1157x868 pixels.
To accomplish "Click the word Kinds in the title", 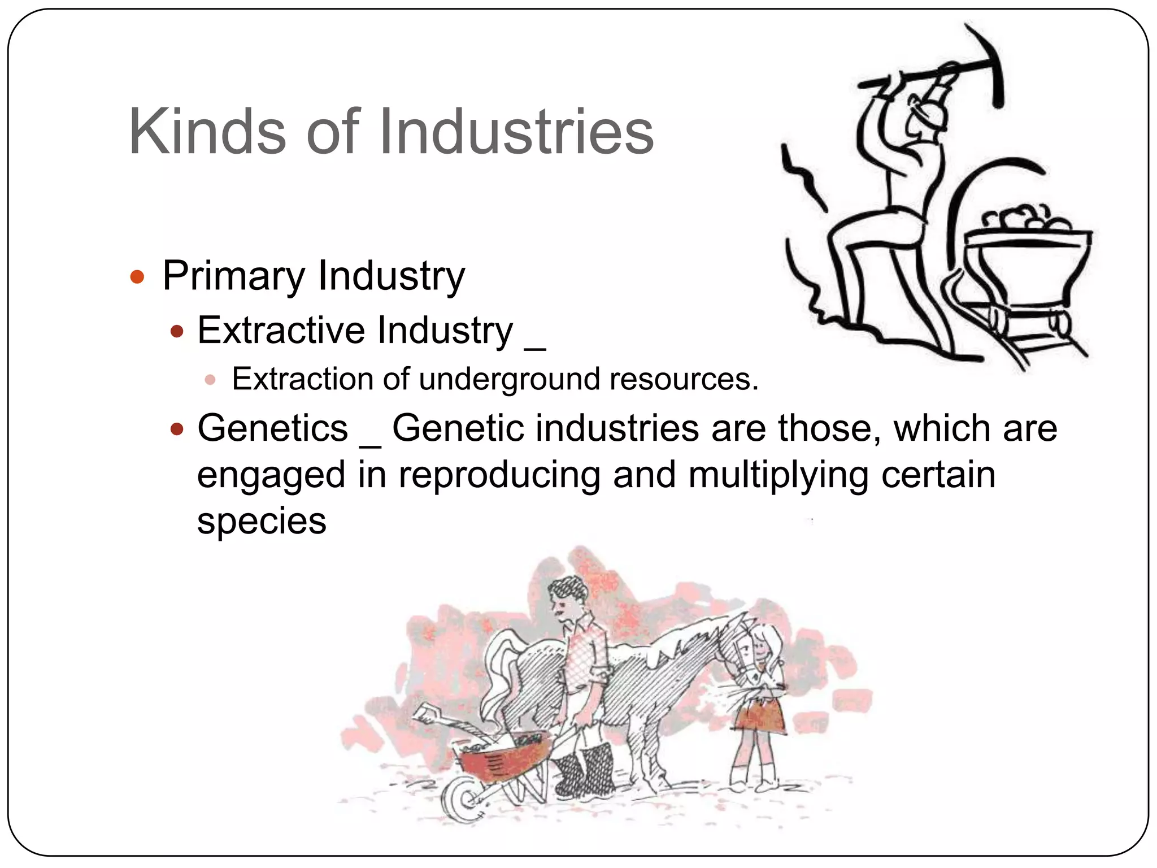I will (x=207, y=132).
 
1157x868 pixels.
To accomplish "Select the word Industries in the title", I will (x=516, y=132).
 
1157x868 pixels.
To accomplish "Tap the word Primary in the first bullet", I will (x=233, y=276).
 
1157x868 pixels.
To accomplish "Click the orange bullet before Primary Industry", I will (x=137, y=277).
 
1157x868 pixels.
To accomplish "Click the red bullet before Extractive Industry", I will (x=177, y=331).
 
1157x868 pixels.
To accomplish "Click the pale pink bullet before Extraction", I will (x=210, y=380).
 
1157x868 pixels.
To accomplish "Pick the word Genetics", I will (x=272, y=428).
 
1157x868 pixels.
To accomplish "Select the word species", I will (x=262, y=520).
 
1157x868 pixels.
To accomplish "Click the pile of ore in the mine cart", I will (x=1024, y=219).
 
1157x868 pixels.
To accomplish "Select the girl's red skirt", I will (x=760, y=717).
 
